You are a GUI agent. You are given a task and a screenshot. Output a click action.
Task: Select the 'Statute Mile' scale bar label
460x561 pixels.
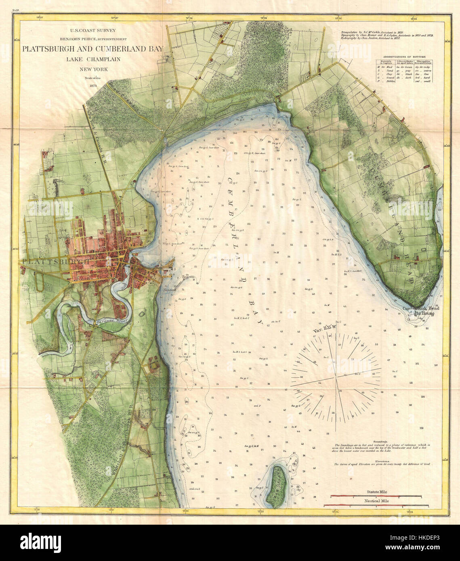(x=377, y=492)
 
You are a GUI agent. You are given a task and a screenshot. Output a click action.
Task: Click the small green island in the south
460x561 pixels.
(x=278, y=486)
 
